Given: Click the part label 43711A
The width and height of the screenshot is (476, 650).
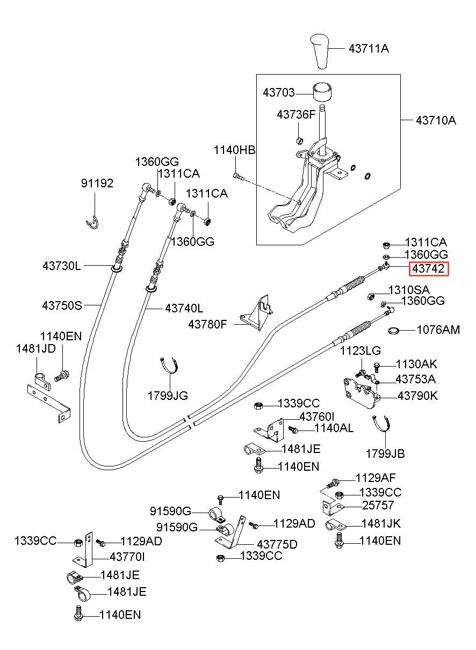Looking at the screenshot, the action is tap(369, 48).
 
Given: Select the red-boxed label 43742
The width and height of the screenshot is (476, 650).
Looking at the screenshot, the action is tap(429, 269).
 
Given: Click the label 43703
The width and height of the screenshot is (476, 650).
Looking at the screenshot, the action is tap(279, 92).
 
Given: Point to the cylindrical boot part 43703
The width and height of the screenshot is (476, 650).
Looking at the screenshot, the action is tap(322, 92).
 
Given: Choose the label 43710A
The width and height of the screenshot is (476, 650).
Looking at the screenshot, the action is tap(436, 120).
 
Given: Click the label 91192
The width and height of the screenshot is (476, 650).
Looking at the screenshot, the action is tap(97, 184).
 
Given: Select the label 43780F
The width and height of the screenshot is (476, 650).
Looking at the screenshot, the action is tap(207, 324).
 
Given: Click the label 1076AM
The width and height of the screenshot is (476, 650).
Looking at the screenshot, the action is tap(438, 330).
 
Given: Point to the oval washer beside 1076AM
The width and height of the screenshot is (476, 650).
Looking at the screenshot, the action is tap(394, 330).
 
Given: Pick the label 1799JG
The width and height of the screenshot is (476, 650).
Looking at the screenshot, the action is tap(168, 396).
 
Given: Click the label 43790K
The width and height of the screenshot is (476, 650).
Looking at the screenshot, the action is tap(417, 396).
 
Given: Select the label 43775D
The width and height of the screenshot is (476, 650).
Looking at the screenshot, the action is tap(277, 544).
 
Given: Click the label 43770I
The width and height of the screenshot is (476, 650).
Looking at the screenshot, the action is tap(127, 557).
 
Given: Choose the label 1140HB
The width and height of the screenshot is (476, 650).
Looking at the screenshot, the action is tap(234, 150).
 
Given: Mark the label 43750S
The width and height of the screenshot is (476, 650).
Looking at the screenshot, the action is tap(62, 305).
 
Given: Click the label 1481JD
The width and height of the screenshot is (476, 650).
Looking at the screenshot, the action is tap(35, 349).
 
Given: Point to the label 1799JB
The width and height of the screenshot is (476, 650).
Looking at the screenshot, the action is tap(385, 454).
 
